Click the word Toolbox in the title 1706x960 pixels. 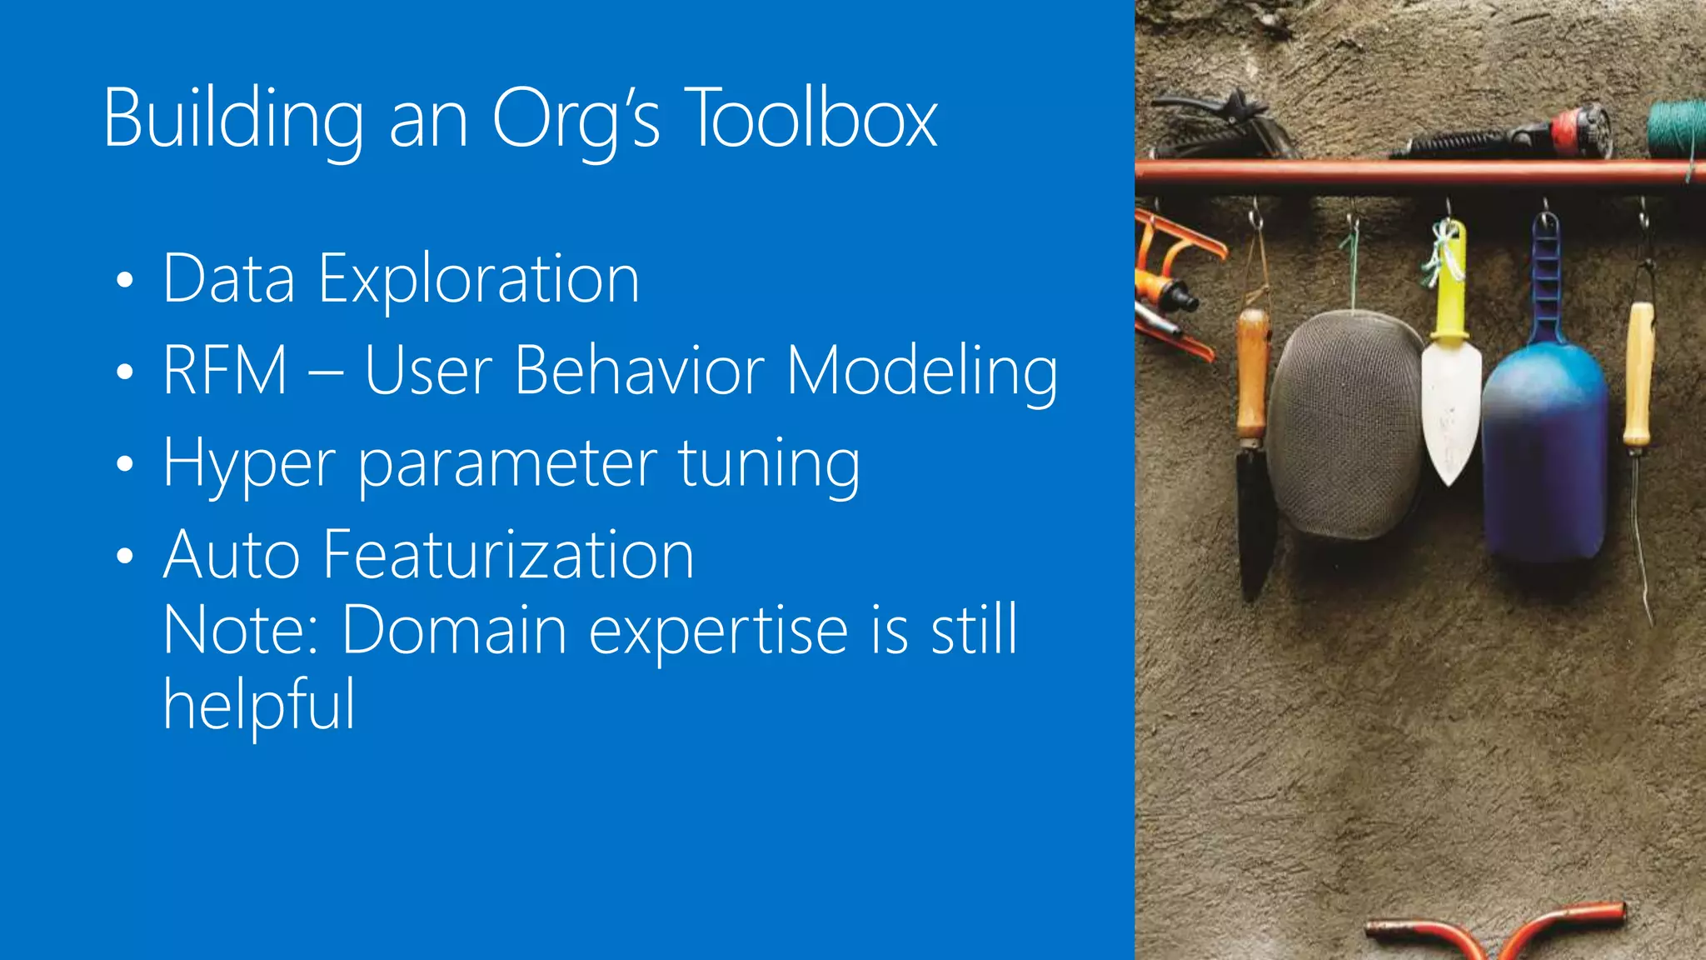pos(813,119)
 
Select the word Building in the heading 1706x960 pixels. pos(233,119)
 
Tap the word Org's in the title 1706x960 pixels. pos(576,119)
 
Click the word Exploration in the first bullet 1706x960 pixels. pos(479,279)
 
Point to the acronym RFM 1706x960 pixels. pos(225,370)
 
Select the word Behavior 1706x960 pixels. pos(639,370)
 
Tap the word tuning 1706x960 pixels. pos(769,463)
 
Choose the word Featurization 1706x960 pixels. pos(508,555)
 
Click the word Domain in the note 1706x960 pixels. pos(455,630)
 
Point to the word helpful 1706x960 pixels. pos(259,705)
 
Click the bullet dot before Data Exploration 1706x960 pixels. pos(125,280)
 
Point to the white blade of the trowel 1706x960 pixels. pos(1451,408)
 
